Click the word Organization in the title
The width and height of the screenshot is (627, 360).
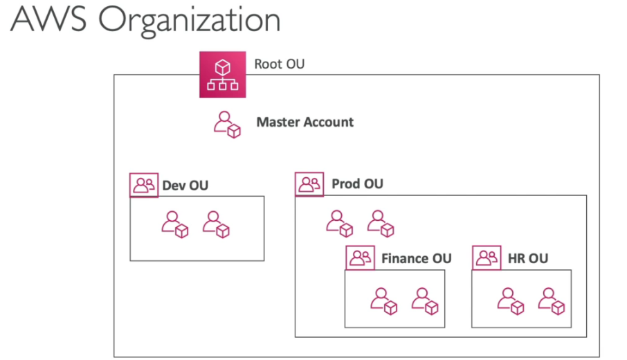189,20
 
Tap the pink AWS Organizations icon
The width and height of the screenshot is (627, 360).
223,74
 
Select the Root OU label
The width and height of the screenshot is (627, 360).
279,64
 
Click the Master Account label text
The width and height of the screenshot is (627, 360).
305,123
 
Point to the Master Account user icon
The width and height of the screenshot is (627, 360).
226,125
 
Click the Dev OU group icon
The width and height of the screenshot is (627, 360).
144,186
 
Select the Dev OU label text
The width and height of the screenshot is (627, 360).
185,186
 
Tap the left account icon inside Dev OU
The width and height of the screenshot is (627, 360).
174,225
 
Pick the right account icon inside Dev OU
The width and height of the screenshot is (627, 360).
216,225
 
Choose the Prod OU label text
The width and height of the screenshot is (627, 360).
357,184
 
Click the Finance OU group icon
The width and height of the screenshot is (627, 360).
360,258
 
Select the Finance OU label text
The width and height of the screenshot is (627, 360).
416,258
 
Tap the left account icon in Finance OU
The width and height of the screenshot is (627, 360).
383,301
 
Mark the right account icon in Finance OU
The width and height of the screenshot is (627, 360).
425,301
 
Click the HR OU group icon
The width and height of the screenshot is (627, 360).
487,258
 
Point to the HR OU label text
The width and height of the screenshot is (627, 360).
528,258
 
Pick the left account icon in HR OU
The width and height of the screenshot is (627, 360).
511,301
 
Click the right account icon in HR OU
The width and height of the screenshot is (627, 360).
552,301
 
